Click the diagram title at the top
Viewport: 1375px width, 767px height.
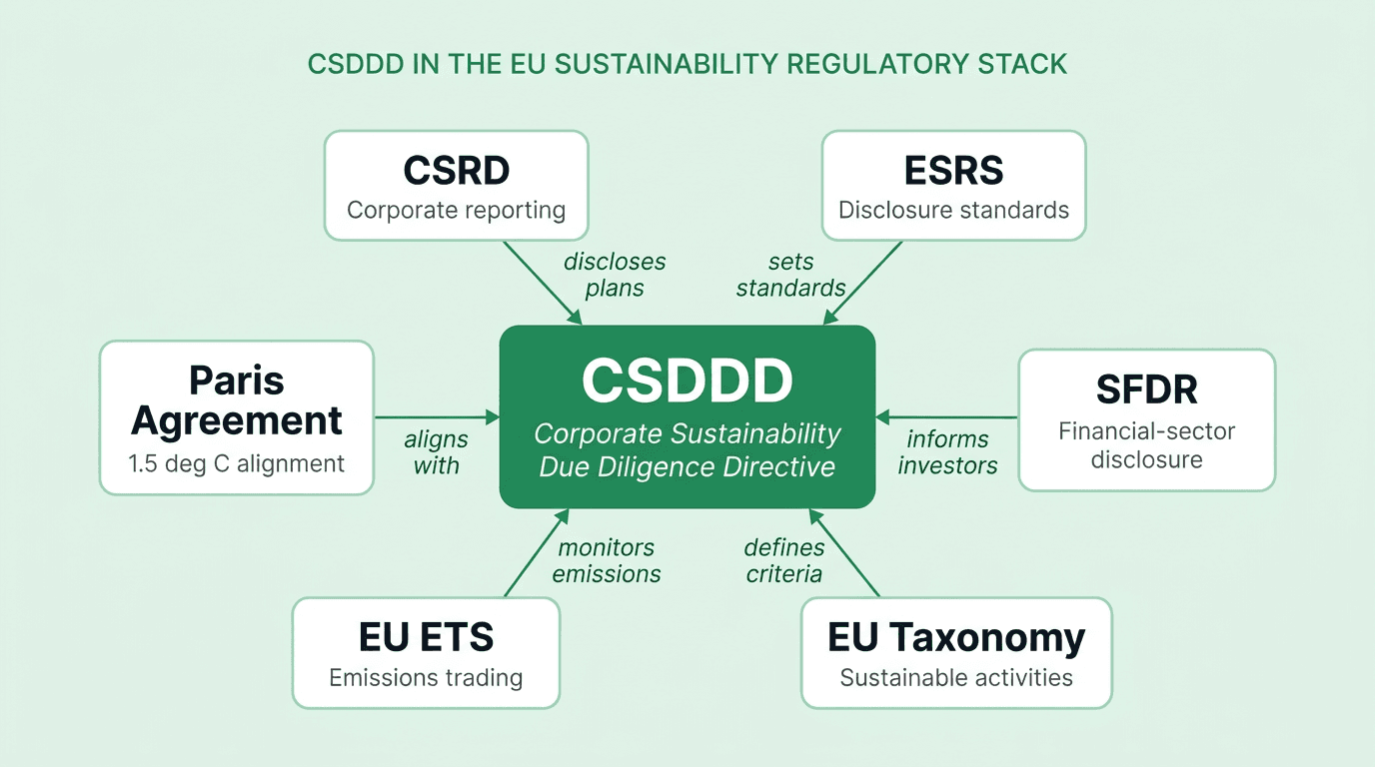tap(687, 64)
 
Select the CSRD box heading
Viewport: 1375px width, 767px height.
tap(457, 171)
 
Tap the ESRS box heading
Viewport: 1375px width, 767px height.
tap(953, 171)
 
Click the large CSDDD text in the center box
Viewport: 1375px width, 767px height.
tap(687, 381)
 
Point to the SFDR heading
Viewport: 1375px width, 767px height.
tap(1146, 389)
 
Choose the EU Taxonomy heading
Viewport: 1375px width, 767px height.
tap(956, 637)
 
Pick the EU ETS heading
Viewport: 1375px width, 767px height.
tap(426, 637)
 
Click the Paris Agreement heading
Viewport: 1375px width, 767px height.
tap(237, 400)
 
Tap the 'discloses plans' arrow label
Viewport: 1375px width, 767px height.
tap(615, 275)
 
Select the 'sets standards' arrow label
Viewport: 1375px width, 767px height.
tap(791, 275)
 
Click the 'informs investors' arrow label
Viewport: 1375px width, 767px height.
tap(947, 452)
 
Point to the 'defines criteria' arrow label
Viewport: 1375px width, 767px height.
tap(784, 560)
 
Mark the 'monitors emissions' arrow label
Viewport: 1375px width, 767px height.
tap(607, 560)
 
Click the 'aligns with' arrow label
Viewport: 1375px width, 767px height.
tap(436, 452)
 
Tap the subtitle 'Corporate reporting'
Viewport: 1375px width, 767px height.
tap(457, 211)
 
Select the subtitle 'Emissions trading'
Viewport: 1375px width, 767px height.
tap(426, 678)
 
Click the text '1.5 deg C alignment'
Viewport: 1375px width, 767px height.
tap(237, 463)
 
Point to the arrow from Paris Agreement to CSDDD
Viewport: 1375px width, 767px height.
tap(437, 416)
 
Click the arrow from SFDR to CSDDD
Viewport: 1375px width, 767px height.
tap(947, 416)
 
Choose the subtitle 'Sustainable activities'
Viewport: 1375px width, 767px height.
tap(956, 678)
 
